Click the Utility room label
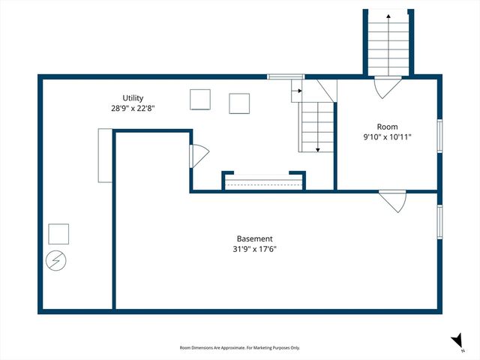(x=133, y=98)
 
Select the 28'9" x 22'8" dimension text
(x=133, y=108)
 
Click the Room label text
(x=388, y=127)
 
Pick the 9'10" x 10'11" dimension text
(x=388, y=136)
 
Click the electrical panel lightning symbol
(x=56, y=260)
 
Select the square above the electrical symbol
(x=58, y=235)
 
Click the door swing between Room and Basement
(x=392, y=201)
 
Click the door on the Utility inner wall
(x=198, y=156)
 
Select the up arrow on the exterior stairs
(x=388, y=16)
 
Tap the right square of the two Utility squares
(x=239, y=103)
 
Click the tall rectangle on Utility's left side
(x=104, y=155)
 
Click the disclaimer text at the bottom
(x=240, y=348)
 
